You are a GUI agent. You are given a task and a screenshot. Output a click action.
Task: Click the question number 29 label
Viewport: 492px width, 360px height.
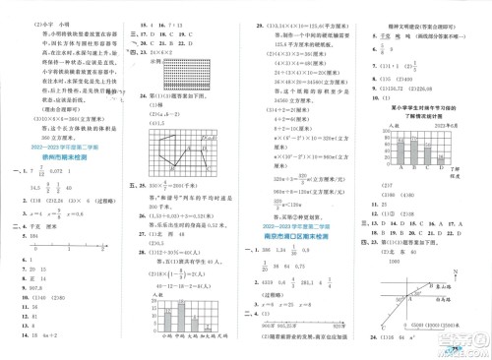[x=261, y=7]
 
